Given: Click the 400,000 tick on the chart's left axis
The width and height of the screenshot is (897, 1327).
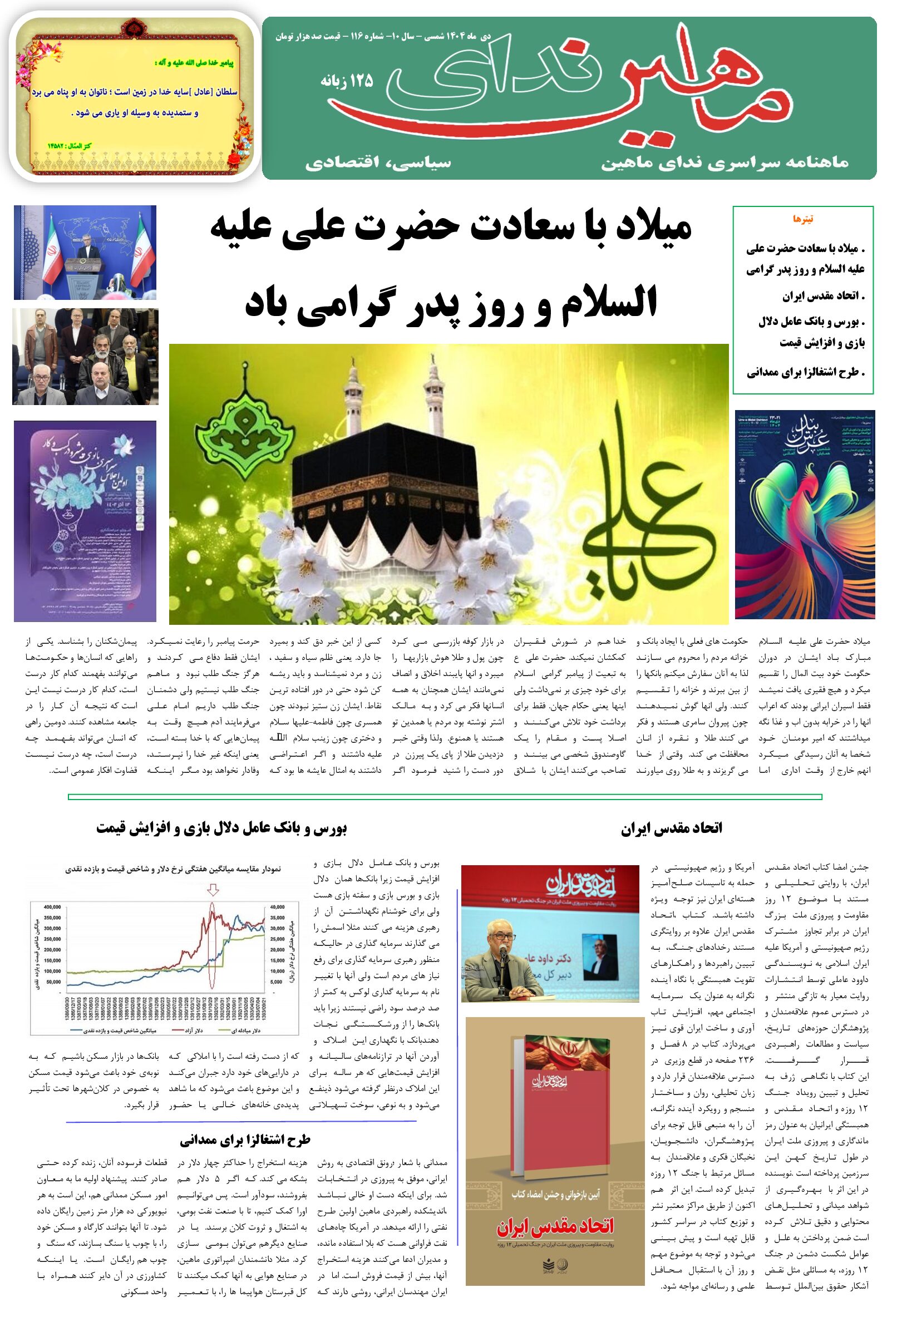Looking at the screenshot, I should point(52,907).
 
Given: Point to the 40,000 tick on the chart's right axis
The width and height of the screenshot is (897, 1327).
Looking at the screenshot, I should point(277,907).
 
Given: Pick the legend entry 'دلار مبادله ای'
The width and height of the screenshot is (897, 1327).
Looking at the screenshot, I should point(245,1030).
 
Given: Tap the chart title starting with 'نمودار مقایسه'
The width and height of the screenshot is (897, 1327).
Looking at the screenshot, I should point(172,869).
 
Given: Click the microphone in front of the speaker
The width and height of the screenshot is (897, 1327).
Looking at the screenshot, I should point(503,951).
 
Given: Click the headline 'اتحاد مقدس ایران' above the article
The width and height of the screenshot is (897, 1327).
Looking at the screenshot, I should point(672,828).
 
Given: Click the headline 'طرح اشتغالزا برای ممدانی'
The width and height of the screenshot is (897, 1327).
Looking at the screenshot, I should point(245,1140).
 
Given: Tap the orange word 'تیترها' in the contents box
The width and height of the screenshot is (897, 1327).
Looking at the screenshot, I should point(803,219).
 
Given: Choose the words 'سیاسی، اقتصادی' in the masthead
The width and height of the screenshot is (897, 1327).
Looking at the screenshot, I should point(378,164).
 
